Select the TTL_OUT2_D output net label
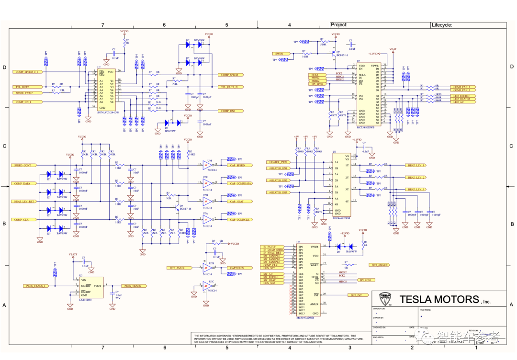pyautogui.click(x=232, y=87)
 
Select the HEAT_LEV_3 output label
pyautogui.click(x=416, y=190)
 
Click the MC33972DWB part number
pyautogui.click(x=304, y=317)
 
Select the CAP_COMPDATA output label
pyautogui.click(x=240, y=183)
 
